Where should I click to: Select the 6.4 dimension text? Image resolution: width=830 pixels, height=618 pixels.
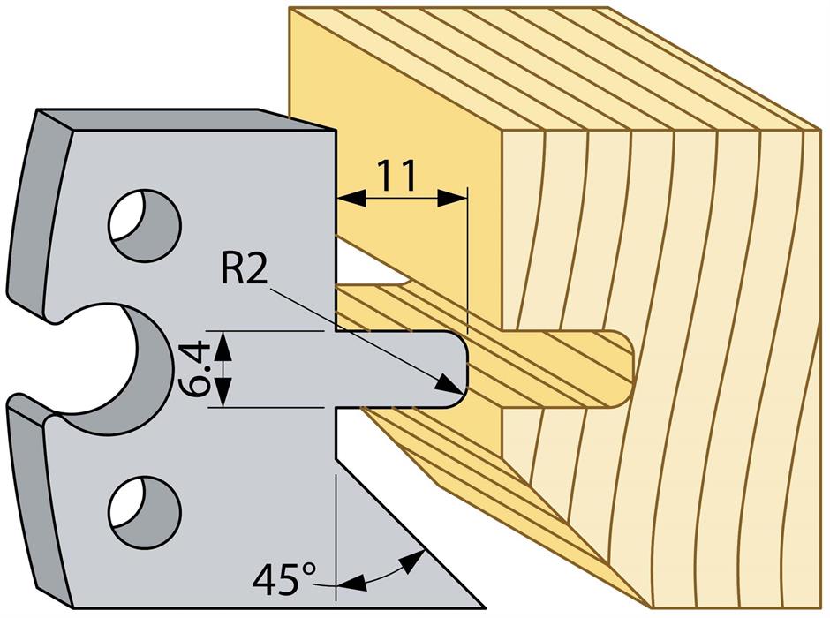point(199,369)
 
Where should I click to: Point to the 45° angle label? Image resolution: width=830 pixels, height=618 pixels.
point(284,579)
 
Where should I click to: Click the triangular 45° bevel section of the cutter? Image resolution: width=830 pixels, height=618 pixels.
point(389,539)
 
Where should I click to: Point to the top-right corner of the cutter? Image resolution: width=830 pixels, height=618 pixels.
point(336,132)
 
